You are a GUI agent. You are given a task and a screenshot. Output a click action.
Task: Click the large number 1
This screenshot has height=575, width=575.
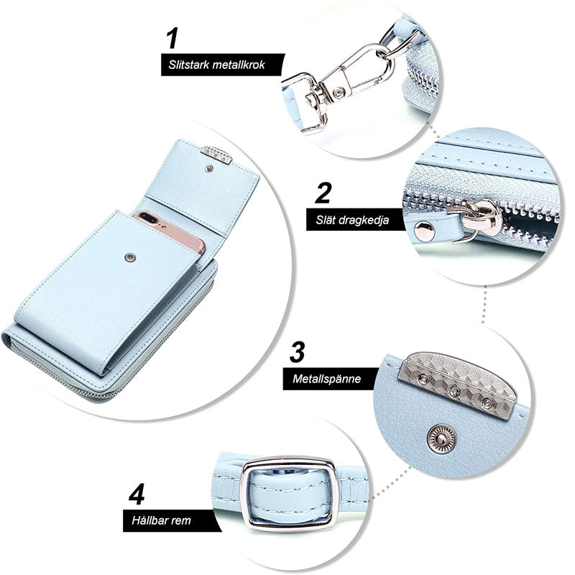click(x=172, y=38)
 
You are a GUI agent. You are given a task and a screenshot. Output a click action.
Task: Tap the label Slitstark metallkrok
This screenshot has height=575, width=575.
click(x=217, y=65)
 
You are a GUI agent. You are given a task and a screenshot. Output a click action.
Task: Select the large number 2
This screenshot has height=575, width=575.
click(x=323, y=193)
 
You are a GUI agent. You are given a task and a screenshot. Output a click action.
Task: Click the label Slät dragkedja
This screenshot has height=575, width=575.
click(x=352, y=220)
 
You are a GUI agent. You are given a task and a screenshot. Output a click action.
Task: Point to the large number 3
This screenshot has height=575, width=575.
click(x=297, y=351)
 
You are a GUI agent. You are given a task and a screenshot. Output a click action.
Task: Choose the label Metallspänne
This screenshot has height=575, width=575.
click(x=327, y=379)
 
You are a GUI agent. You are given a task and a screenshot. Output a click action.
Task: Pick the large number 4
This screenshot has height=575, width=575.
click(x=137, y=494)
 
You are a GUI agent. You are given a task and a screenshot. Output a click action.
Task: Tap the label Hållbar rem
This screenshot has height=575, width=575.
click(x=161, y=520)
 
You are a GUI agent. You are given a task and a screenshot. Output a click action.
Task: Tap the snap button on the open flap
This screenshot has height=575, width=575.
click(x=209, y=168)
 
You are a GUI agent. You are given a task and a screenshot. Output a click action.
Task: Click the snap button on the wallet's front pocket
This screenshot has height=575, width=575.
click(x=129, y=257)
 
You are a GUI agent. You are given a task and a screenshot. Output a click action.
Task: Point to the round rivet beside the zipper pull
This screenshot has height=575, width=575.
click(x=425, y=231)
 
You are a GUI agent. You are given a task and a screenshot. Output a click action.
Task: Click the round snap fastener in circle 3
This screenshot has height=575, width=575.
click(x=441, y=438)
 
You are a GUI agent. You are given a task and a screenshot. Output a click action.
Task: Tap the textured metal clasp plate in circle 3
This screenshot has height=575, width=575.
click(x=457, y=383)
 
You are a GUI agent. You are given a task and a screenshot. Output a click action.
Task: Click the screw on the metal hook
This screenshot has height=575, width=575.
click(x=339, y=91)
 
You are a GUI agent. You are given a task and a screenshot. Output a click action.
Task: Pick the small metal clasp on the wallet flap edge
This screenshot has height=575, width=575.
click(x=217, y=155)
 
